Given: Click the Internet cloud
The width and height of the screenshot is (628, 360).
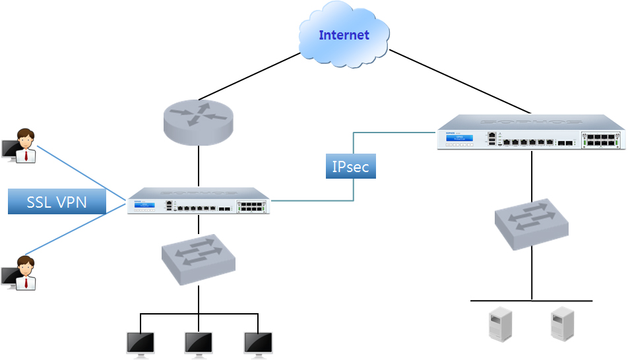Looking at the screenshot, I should point(344,34).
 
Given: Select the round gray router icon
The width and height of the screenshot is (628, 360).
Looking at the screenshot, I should point(198,122).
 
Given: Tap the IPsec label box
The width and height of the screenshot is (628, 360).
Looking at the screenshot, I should point(350,167).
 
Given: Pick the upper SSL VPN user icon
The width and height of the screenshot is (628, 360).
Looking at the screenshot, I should point(20,146).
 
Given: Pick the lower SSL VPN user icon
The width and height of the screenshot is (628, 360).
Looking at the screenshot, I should point(20,273).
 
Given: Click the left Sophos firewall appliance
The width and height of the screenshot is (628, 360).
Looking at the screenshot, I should point(199,201).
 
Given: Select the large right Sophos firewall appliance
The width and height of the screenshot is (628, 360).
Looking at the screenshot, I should point(531,133).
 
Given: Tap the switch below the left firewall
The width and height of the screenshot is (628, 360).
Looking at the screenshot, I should point(199,259).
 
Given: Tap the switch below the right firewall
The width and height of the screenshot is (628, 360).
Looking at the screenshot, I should point(532,224).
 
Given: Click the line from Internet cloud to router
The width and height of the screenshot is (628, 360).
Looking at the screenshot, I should point(249,76).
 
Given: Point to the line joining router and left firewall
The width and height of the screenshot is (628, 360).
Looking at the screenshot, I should point(199,166).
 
